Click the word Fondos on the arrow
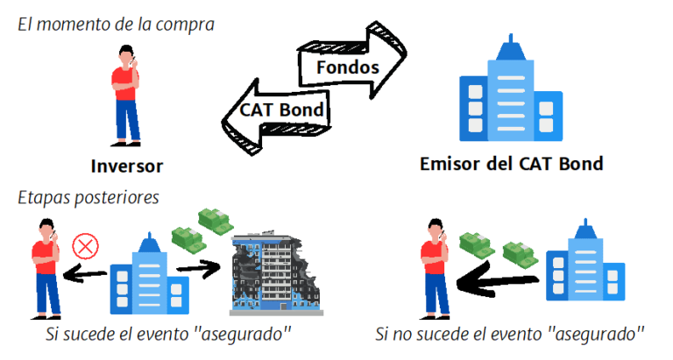coord(347,67)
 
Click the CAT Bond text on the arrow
coord(283,110)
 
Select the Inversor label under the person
coord(126,166)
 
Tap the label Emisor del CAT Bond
coord(512,164)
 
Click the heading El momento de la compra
coord(116,23)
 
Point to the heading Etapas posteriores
coord(89,197)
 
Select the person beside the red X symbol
coord(44,267)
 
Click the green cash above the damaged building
coord(197,229)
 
